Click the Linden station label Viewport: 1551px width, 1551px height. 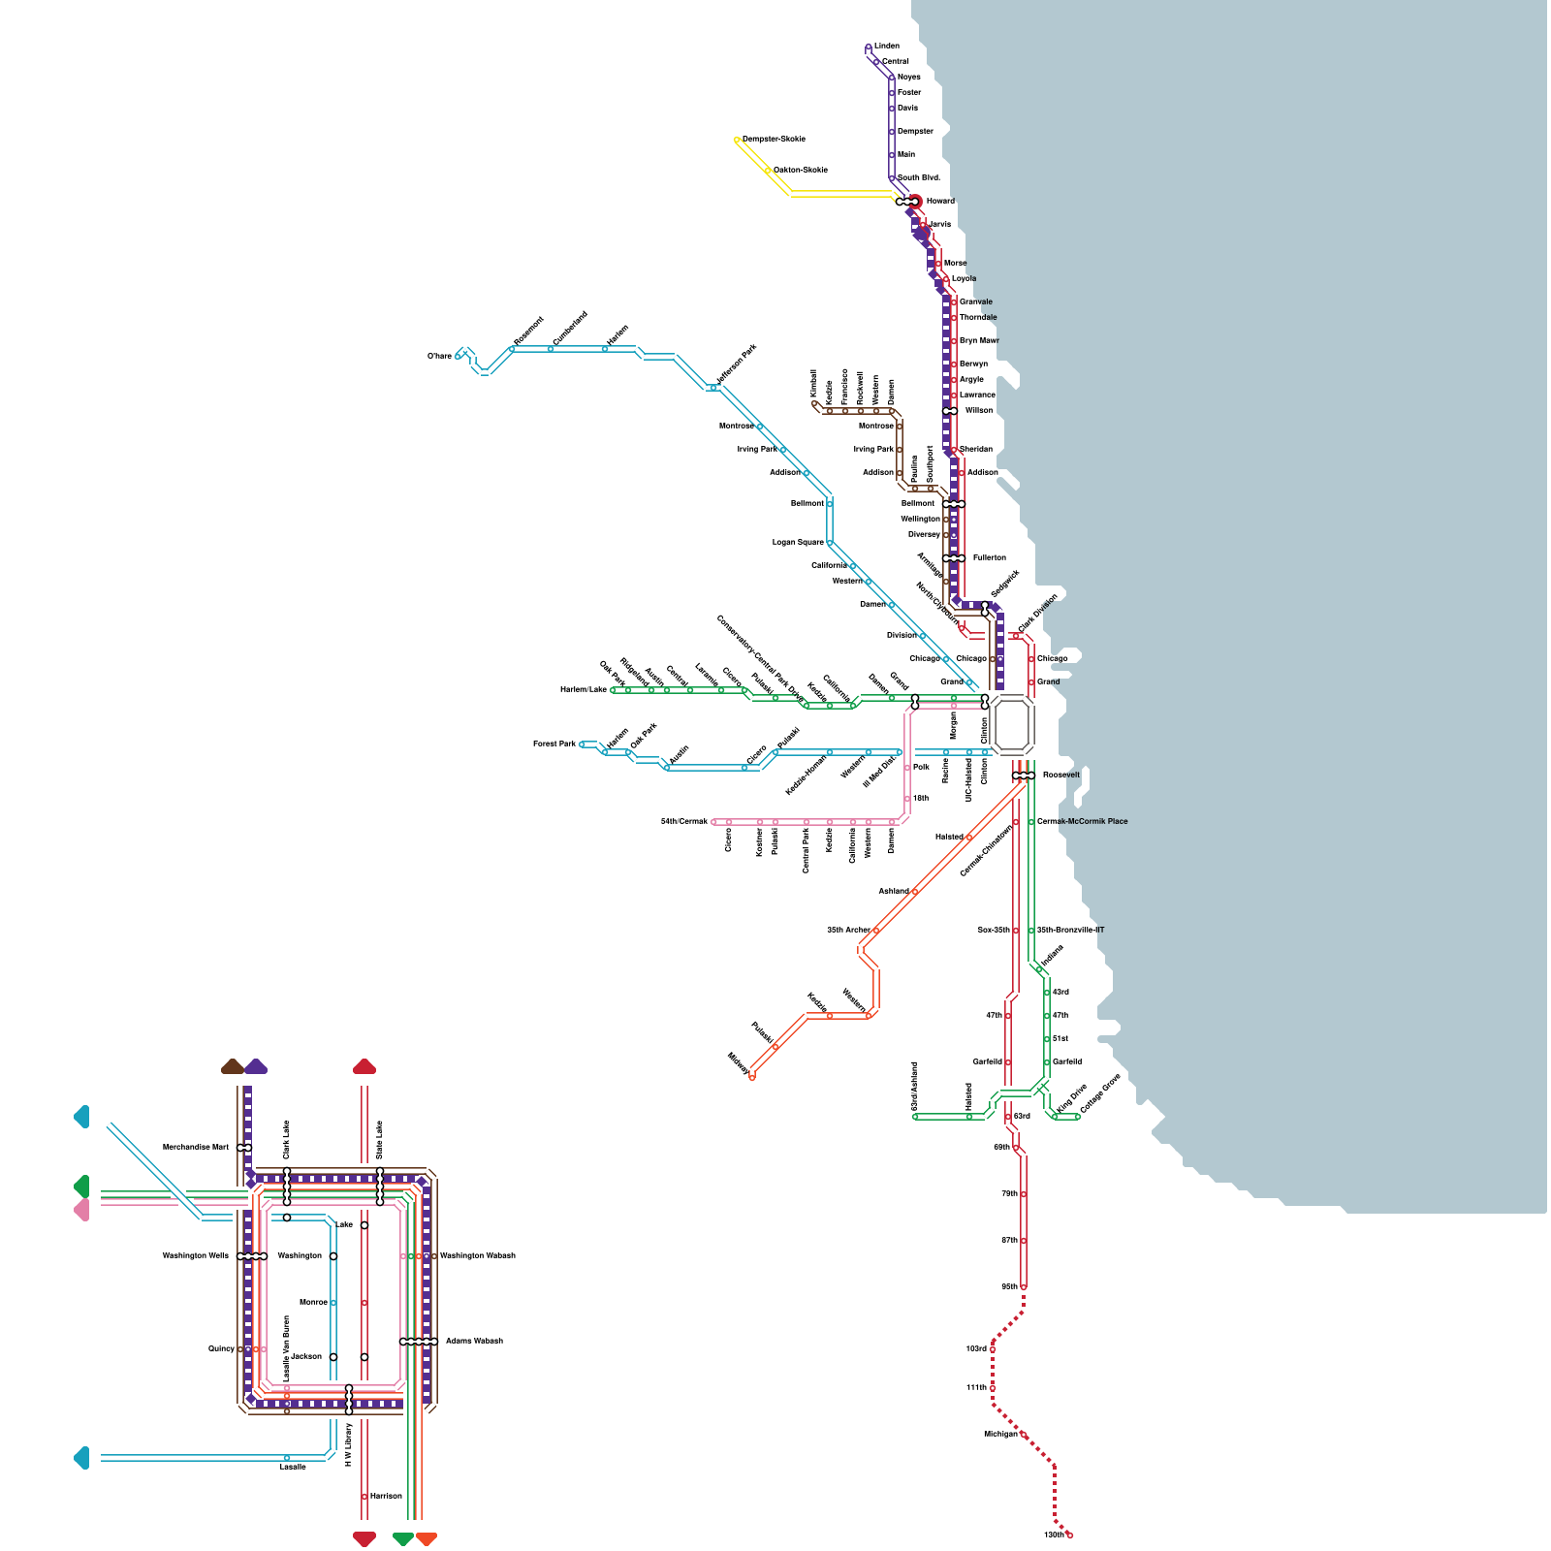[886, 46]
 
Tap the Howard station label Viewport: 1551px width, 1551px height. [940, 201]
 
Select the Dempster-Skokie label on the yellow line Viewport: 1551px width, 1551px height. [774, 139]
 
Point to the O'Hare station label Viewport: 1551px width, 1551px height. [439, 356]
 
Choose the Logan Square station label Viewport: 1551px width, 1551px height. [798, 542]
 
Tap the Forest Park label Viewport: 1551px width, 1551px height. [554, 744]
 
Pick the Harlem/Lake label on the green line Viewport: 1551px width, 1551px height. [584, 689]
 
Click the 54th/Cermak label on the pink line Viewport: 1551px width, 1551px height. [684, 821]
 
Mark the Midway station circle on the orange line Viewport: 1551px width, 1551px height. [751, 1076]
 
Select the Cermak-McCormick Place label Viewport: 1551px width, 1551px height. [1082, 821]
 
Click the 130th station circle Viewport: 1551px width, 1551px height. [1069, 1535]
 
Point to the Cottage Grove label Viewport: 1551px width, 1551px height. [1099, 1092]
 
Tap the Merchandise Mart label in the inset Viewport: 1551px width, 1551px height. [195, 1147]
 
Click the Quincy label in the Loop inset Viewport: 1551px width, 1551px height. [221, 1348]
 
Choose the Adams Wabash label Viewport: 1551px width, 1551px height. [474, 1341]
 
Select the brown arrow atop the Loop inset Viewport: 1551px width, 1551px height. [232, 1066]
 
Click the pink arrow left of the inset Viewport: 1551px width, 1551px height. [81, 1210]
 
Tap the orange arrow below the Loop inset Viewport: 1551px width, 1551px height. [426, 1538]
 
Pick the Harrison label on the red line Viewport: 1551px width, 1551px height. [386, 1496]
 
